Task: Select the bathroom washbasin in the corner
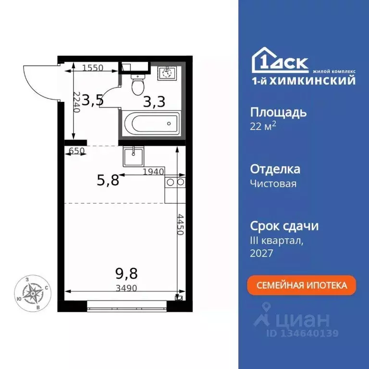[168, 73]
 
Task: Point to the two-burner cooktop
[175, 183]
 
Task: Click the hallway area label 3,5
[92, 100]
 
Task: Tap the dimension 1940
[154, 172]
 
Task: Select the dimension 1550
[92, 68]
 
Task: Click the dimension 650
[77, 151]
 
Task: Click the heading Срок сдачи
[284, 226]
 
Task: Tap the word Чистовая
[273, 183]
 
